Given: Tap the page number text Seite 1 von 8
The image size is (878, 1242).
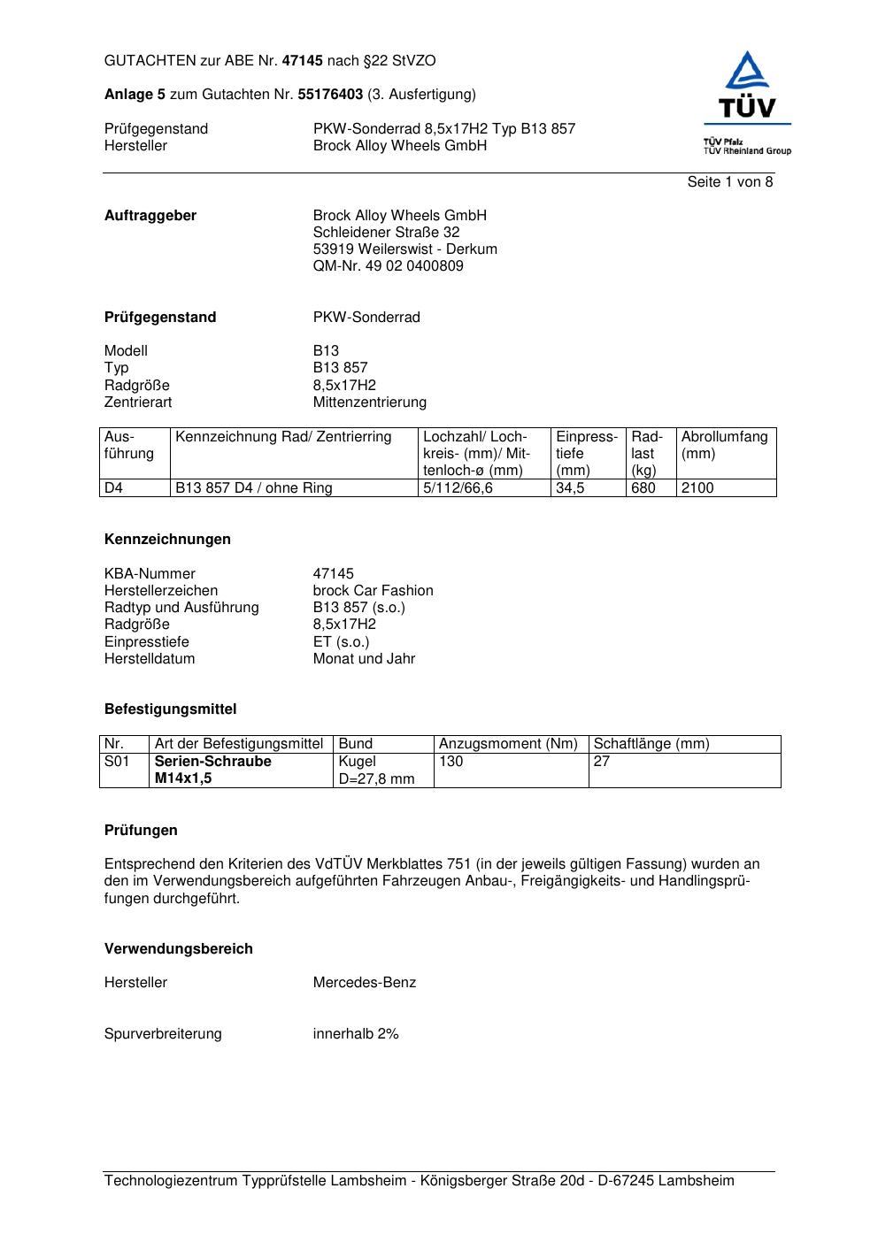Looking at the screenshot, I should pos(729,182).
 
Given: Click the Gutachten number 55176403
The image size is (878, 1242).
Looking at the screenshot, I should pos(330,95).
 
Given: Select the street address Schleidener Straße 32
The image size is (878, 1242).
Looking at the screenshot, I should pos(386,233).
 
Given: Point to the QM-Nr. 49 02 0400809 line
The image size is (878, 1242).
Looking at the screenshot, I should pos(388,266).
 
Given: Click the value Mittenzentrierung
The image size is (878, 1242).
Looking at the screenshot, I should pos(369,402).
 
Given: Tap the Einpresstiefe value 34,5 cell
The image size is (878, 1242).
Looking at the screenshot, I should pos(571,488).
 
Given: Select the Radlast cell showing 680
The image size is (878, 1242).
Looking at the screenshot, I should pos(643,488).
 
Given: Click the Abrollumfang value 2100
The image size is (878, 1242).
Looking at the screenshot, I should pos(697,488).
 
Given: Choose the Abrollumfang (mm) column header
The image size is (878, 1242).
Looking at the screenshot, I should pos(724,445).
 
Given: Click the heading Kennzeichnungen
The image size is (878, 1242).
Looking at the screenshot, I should pos(167,540).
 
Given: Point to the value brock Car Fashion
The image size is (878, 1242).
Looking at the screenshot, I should pos(373,591).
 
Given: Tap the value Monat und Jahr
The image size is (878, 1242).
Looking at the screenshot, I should pos(364,659).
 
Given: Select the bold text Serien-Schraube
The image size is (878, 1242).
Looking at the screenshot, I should pos(212,762).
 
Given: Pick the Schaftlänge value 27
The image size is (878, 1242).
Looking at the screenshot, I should pos(602,762).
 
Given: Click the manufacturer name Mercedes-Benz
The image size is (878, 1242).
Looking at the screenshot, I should pos(364,983).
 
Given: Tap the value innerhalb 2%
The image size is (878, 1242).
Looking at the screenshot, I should pos(355,1034).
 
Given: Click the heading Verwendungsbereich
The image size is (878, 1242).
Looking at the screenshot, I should pos(178,949).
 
